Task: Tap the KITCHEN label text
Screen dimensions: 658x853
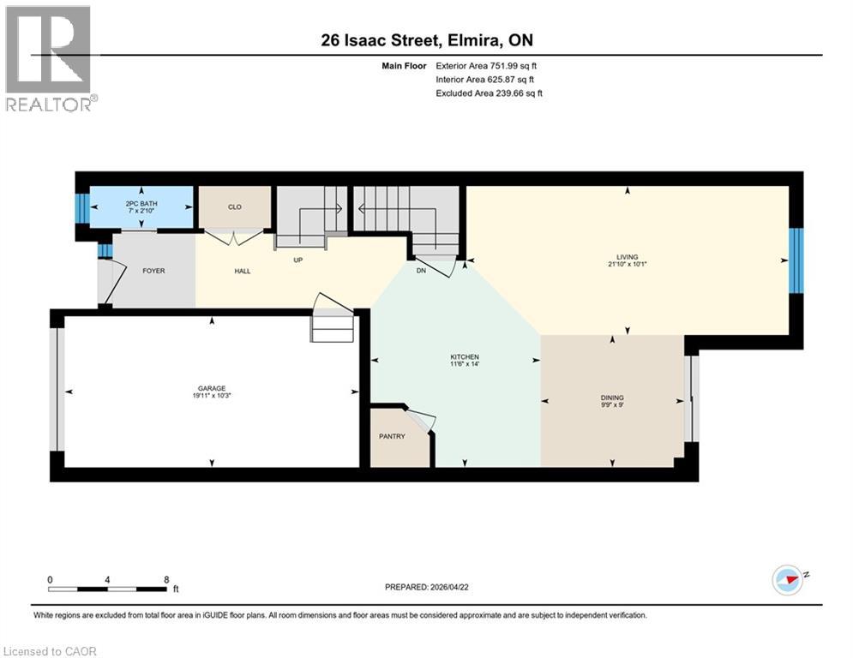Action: click(465, 357)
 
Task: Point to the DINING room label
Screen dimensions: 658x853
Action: click(612, 398)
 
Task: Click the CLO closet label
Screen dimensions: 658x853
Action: click(235, 206)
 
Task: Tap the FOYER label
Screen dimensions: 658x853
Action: click(153, 271)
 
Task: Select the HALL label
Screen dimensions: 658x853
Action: click(243, 271)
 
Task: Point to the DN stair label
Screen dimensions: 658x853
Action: click(419, 271)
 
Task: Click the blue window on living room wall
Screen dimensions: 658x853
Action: click(796, 260)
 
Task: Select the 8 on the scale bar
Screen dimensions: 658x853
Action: click(165, 579)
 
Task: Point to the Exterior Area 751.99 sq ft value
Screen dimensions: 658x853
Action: click(486, 65)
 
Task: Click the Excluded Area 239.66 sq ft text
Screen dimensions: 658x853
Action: click(490, 93)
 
